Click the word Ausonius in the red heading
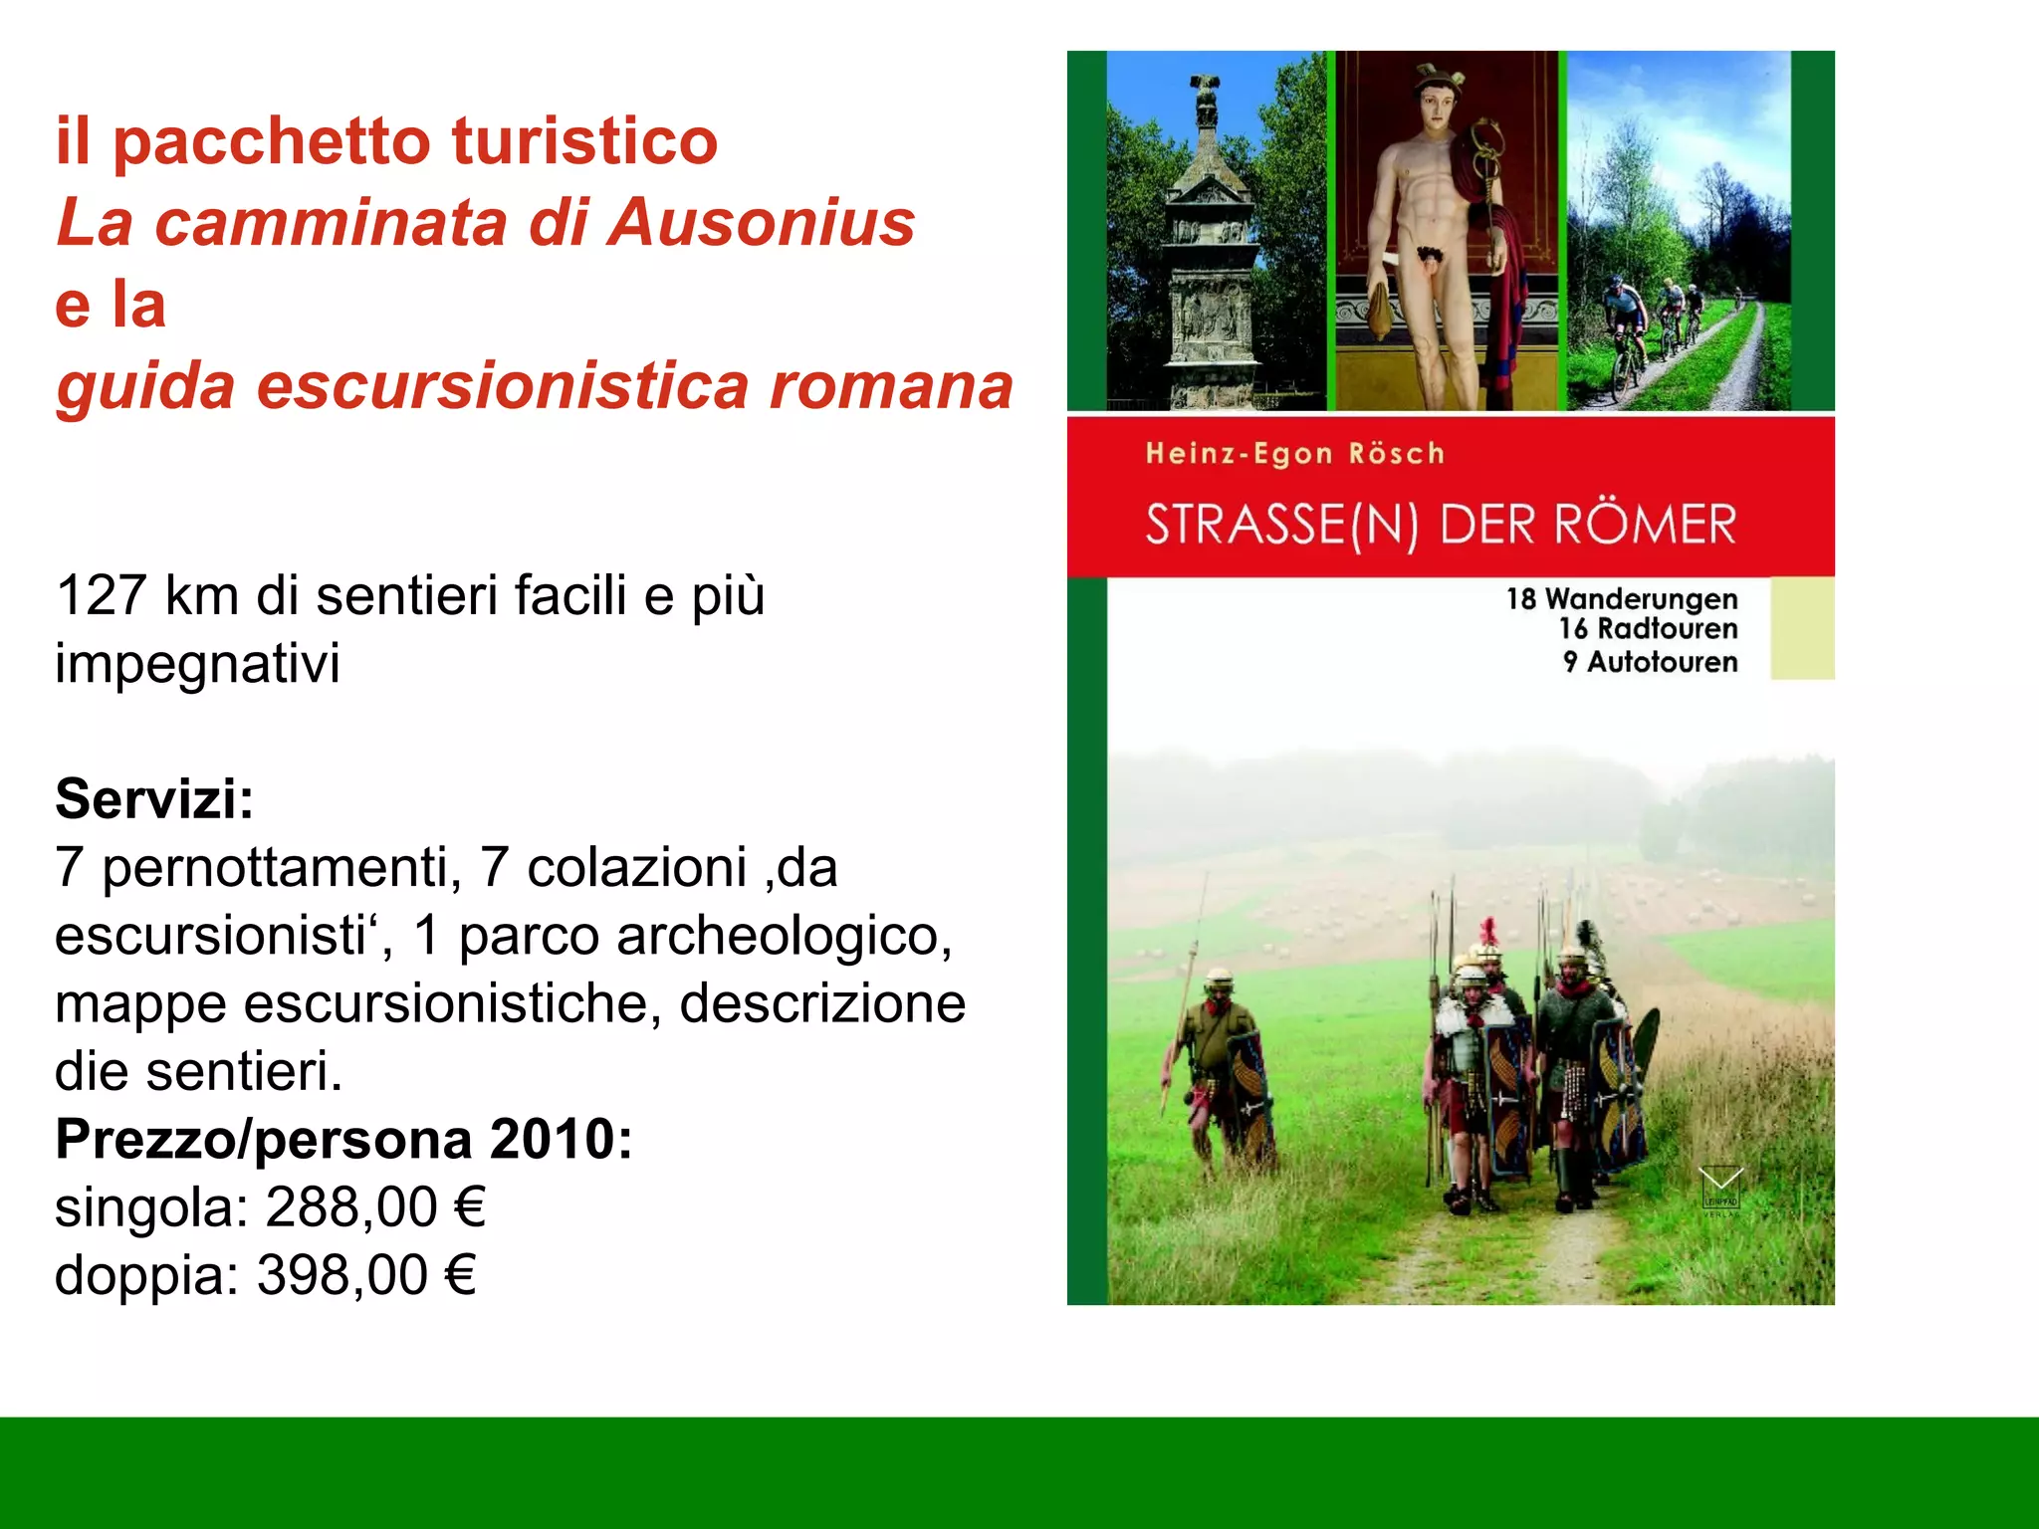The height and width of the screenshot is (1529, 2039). [762, 222]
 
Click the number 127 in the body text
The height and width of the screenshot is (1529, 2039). [102, 596]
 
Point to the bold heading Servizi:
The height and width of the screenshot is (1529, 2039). [154, 798]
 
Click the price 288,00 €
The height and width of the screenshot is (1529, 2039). [375, 1207]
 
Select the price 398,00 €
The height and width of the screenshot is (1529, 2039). [367, 1275]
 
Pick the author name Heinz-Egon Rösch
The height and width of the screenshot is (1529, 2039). [1294, 454]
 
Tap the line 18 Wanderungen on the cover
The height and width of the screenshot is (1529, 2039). [1622, 599]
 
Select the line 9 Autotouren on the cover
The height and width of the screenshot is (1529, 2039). [1650, 662]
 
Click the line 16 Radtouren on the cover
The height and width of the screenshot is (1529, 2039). [1648, 629]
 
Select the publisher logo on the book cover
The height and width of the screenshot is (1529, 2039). [1720, 1190]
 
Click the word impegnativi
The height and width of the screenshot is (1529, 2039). [197, 664]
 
